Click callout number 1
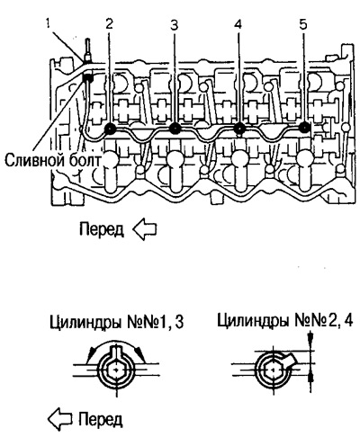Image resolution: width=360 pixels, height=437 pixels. click(x=49, y=23)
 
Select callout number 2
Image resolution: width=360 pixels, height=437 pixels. click(x=109, y=23)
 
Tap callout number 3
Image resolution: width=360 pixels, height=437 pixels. click(x=174, y=25)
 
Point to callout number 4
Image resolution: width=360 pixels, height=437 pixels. click(x=238, y=24)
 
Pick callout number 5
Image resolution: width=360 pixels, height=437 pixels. click(x=303, y=24)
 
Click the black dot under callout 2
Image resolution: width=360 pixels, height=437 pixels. click(x=110, y=129)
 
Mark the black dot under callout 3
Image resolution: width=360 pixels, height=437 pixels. click(x=175, y=129)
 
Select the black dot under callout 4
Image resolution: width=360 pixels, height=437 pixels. click(x=239, y=129)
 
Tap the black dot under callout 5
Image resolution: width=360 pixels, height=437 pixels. click(x=304, y=128)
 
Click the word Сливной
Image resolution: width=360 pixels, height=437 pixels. click(x=34, y=161)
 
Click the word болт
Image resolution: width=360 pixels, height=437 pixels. click(x=84, y=160)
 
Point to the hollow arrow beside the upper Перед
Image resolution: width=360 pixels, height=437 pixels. click(x=144, y=230)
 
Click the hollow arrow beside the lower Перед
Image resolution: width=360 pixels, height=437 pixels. click(x=60, y=419)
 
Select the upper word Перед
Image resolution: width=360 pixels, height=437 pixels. click(x=102, y=229)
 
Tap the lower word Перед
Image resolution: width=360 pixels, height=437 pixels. click(x=101, y=419)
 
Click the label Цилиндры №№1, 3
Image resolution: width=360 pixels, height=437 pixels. click(x=116, y=324)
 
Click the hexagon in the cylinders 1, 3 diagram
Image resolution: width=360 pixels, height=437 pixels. click(x=116, y=370)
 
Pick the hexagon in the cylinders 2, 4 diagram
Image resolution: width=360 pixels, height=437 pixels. click(x=273, y=370)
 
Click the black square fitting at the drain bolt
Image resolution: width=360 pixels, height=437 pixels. click(x=87, y=78)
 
